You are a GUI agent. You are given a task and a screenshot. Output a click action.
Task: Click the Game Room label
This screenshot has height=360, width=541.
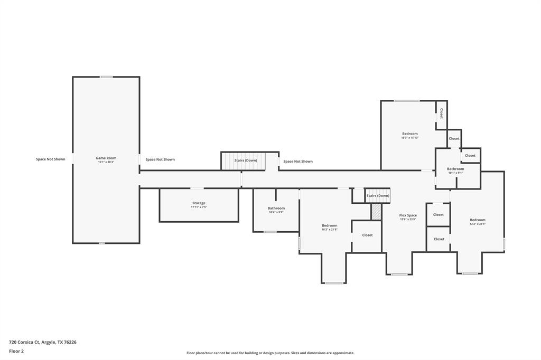(x=106, y=158)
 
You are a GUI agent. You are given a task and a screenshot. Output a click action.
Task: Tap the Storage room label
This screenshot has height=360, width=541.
(x=199, y=203)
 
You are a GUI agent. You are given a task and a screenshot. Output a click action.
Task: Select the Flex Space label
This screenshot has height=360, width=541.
(x=408, y=215)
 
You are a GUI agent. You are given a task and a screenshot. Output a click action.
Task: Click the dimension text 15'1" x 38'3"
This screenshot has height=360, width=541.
(x=106, y=163)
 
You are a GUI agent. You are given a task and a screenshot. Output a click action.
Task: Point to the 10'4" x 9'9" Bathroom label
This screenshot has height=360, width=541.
(x=276, y=209)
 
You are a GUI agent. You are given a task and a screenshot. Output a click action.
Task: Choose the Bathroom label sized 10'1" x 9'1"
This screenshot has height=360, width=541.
(x=455, y=169)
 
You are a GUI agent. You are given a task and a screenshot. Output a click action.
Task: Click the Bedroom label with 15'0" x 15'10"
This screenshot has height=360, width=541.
(x=409, y=134)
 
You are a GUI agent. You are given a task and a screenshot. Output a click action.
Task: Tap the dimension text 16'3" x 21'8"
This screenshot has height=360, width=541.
(x=329, y=230)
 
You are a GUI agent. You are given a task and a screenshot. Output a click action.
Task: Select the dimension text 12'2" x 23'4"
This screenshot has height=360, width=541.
(x=478, y=224)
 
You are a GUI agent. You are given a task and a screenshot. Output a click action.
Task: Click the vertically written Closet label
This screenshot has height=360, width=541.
(x=441, y=113)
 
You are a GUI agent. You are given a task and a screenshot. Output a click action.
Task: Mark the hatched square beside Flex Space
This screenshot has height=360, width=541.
(x=376, y=212)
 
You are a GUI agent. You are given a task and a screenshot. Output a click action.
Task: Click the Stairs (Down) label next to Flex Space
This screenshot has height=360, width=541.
(x=378, y=196)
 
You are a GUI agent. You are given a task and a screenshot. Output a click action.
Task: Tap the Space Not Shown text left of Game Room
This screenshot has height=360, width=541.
(x=51, y=159)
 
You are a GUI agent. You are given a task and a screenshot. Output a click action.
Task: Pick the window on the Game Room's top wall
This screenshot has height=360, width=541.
(x=106, y=77)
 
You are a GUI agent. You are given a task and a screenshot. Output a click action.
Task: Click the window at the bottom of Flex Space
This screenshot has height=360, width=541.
(x=399, y=274)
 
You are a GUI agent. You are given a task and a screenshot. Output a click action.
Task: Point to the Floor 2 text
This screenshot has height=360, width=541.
(x=16, y=350)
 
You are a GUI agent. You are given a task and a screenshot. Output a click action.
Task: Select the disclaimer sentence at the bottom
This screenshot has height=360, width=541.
(x=270, y=353)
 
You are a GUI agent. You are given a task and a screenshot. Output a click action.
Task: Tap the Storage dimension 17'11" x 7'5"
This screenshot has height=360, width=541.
(x=199, y=207)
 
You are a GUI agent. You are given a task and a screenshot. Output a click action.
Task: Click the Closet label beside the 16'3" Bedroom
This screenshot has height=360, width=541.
(x=367, y=235)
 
